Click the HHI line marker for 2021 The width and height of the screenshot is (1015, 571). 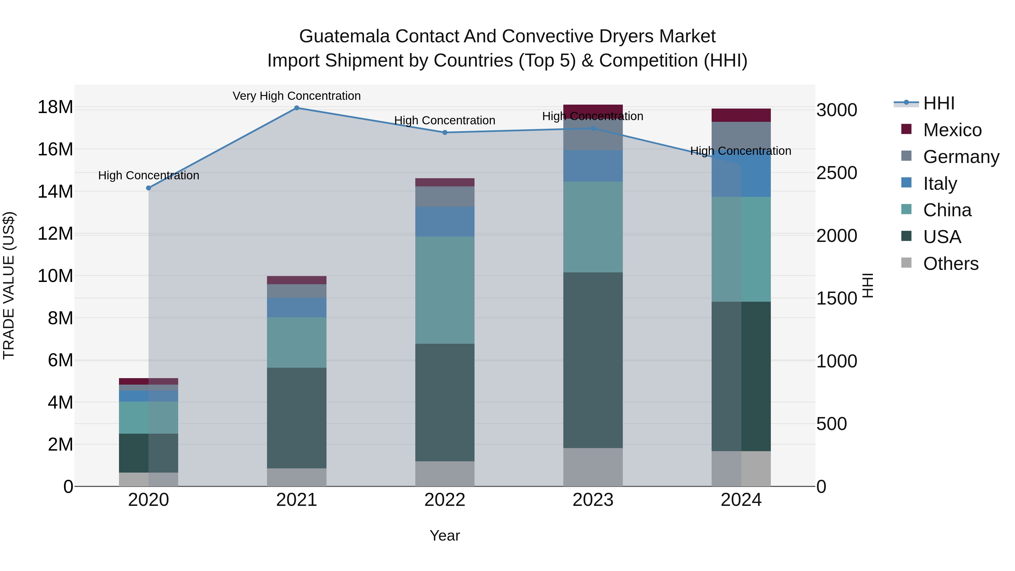pos(297,108)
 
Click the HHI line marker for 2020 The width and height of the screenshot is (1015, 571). pos(149,188)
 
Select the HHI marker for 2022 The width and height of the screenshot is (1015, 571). pos(445,133)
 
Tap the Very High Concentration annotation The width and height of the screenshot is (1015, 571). pos(296,96)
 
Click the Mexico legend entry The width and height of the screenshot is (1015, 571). pos(952,130)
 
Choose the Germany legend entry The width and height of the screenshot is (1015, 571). pos(961,157)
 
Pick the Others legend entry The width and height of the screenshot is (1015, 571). pos(950,264)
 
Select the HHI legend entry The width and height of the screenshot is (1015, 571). pos(939,103)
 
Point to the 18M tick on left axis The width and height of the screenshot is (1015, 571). pos(55,107)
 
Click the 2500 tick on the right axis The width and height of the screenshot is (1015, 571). pos(837,173)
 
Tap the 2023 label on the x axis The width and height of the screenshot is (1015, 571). pos(593,500)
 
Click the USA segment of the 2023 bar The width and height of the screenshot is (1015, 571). pos(593,360)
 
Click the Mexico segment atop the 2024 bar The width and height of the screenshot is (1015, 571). pos(741,115)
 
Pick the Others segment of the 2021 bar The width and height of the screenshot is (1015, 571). pos(296,477)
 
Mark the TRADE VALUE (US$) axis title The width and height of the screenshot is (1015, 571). pos(9,285)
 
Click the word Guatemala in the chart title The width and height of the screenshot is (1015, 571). pos(344,36)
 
